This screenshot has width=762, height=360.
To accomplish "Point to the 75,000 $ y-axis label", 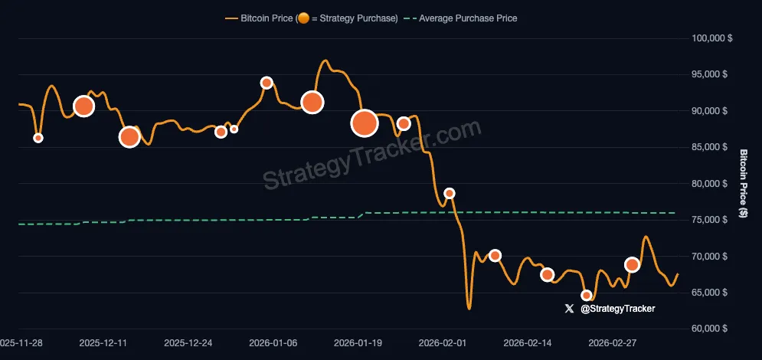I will pos(708,220).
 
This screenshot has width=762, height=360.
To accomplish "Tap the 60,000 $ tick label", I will pos(708,329).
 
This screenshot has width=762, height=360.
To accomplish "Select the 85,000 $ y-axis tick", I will pos(708,147).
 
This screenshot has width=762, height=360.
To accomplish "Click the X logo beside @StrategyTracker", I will pos(568,309).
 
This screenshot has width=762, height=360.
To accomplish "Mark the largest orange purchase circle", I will pos(365,123).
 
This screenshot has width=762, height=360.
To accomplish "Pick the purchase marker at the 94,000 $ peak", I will pos(267,83).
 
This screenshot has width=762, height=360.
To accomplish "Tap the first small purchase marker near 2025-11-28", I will pos(38,138).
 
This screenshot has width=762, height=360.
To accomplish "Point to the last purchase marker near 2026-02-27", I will pos(632,265).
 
